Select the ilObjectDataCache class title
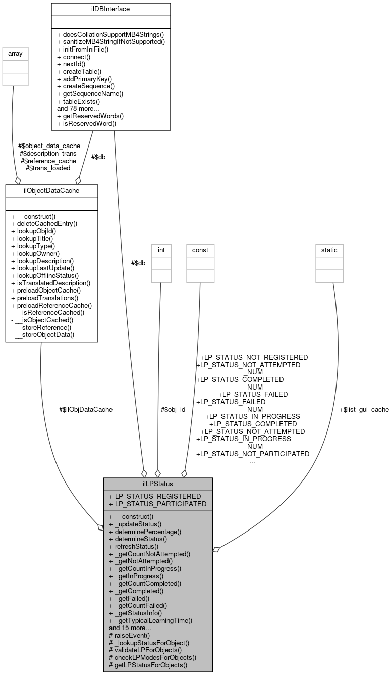tap(51, 190)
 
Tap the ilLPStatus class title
tap(158, 484)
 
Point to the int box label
tap(161, 249)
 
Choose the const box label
tap(200, 249)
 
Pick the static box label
tap(329, 249)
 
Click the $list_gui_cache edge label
tap(364, 409)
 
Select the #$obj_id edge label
tap(173, 409)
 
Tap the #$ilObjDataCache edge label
tap(86, 409)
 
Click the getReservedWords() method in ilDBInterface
tap(91, 116)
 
